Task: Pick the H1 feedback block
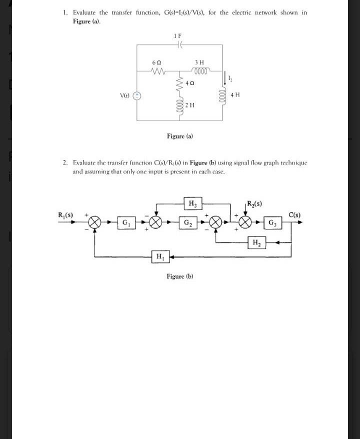pyautogui.click(x=159, y=257)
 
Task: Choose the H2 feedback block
pyautogui.click(x=256, y=243)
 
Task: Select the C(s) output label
pyautogui.click(x=294, y=215)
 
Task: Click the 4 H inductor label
pyautogui.click(x=237, y=94)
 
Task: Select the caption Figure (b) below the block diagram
pyautogui.click(x=180, y=276)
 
